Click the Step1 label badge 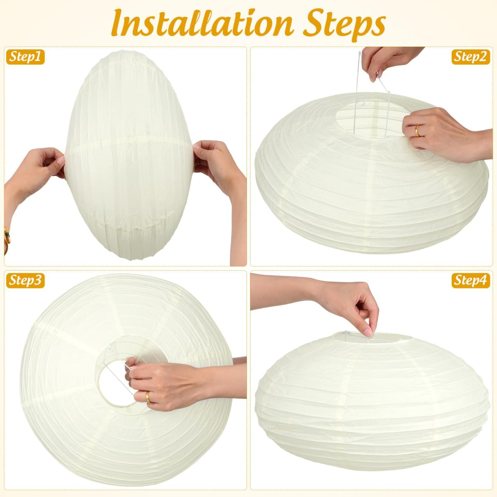(x=25, y=57)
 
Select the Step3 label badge (x=25, y=280)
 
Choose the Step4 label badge (x=471, y=280)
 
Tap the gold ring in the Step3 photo (x=148, y=396)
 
